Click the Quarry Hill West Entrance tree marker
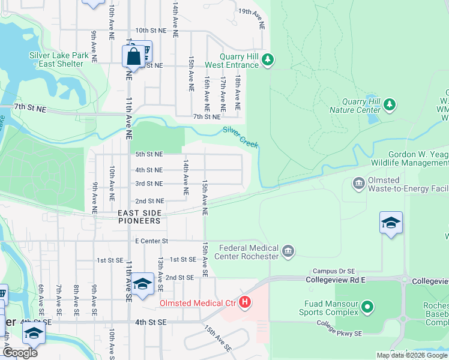click(268, 59)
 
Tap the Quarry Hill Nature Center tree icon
click(390, 106)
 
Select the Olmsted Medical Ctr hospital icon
click(244, 302)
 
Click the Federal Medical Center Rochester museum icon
click(288, 250)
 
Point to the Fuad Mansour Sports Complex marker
click(368, 308)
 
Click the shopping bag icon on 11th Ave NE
click(133, 58)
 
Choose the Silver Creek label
click(240, 137)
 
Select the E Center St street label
click(149, 241)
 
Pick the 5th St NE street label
click(149, 154)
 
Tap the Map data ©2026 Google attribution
click(412, 355)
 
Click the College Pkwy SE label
click(340, 328)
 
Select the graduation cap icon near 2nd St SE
click(142, 283)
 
